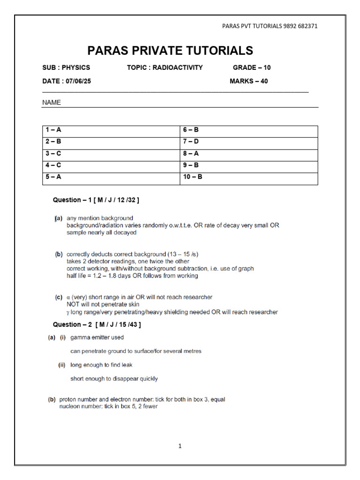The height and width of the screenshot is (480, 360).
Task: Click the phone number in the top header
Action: [x=300, y=26]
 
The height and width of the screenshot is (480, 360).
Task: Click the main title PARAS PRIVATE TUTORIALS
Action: [x=170, y=51]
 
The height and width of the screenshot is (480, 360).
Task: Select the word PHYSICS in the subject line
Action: [x=76, y=67]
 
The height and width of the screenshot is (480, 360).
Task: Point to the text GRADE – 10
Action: [x=252, y=67]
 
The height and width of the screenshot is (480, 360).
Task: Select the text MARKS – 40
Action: [x=248, y=81]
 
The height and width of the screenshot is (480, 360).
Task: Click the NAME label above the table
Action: [x=52, y=103]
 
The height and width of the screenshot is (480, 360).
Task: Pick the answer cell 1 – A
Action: [x=53, y=130]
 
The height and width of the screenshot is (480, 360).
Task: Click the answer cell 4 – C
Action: [x=53, y=165]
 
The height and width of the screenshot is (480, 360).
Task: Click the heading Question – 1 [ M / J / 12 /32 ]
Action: [x=96, y=200]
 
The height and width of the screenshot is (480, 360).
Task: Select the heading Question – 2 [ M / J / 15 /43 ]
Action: [x=97, y=324]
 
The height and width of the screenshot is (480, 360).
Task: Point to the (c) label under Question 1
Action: [x=59, y=297]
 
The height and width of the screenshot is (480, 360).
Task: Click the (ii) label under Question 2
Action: [x=61, y=365]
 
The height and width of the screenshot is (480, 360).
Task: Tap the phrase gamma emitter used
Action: [x=97, y=337]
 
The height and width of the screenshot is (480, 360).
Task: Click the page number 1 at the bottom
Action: [x=180, y=446]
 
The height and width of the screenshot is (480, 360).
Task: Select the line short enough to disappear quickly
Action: [x=114, y=379]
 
